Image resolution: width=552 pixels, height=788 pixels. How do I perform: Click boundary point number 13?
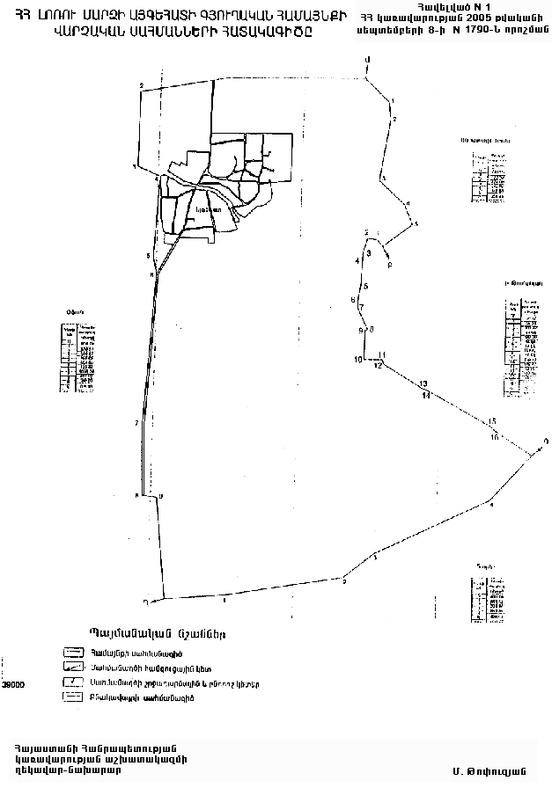[423, 384]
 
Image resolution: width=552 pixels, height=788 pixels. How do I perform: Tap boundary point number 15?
[493, 421]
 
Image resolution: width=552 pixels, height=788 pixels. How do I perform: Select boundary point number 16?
[495, 436]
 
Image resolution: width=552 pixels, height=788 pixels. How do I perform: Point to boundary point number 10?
[358, 360]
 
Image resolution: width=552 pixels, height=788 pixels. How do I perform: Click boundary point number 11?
[382, 354]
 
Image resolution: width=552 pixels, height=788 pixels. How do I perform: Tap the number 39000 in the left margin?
[14, 683]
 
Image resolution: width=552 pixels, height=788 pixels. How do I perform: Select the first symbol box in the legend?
[72, 653]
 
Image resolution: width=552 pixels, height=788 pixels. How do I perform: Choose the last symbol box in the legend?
[72, 698]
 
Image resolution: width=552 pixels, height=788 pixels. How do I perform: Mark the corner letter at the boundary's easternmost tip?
[546, 441]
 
